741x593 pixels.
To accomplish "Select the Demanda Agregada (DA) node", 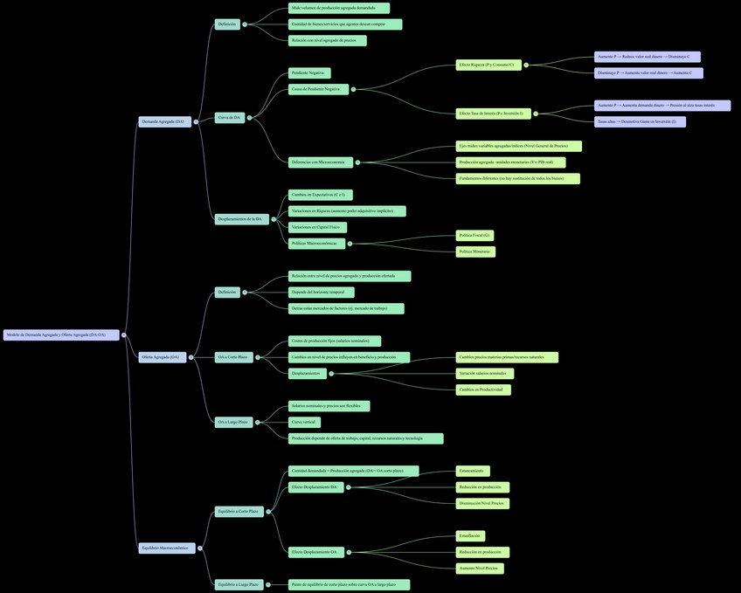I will click(164, 121).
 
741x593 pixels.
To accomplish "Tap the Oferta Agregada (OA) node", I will click(162, 356).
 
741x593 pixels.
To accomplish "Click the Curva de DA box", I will click(229, 117).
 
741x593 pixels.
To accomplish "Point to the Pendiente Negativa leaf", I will click(309, 73).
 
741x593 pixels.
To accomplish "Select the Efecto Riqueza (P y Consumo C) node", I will click(488, 65).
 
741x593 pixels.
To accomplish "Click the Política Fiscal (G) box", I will click(475, 235).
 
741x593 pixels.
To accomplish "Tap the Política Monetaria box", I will click(474, 252).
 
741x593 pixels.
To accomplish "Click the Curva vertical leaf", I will click(304, 422).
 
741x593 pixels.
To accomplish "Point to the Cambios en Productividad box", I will click(482, 390).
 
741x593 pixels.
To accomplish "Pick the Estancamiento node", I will click(472, 471).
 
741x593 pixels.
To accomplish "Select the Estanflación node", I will click(470, 535).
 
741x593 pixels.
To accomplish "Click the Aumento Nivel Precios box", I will click(479, 569).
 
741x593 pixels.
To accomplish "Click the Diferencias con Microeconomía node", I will click(319, 162).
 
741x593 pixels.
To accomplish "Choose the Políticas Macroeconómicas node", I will click(316, 243).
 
